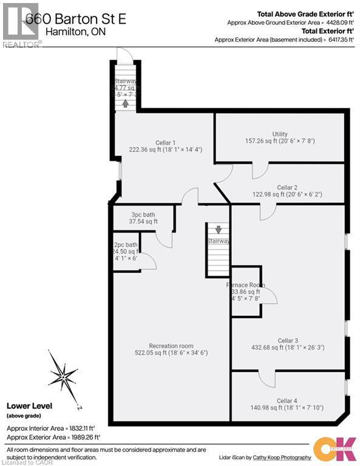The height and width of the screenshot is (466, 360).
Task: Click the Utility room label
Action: [x=280, y=134]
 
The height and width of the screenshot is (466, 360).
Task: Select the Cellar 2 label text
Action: [x=287, y=187]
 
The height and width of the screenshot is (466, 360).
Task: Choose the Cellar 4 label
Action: [x=287, y=400]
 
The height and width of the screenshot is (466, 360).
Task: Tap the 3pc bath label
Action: [x=143, y=215]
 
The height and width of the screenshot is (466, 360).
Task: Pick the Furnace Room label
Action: [x=245, y=285]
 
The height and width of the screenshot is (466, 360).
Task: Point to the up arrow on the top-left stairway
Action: [x=125, y=103]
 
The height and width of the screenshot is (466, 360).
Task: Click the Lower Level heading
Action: [x=29, y=406]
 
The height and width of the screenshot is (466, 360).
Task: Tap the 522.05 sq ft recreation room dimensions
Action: [x=171, y=352]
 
